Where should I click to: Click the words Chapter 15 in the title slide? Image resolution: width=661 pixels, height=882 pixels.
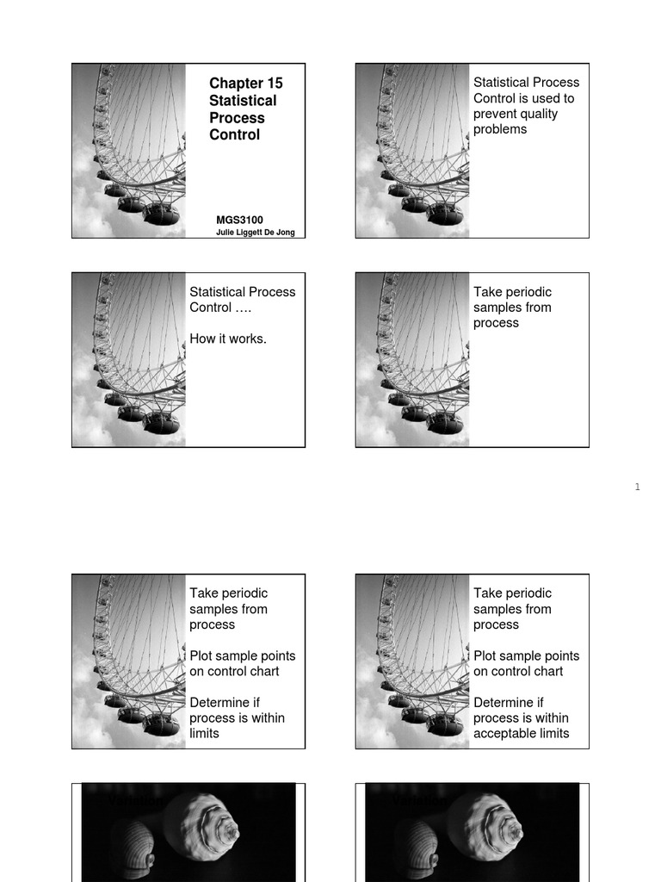(x=245, y=84)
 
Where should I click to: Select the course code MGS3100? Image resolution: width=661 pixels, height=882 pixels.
(x=239, y=220)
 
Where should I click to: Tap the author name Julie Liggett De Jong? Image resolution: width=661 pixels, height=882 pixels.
(x=255, y=233)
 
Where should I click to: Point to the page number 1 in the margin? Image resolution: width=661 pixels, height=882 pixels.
(x=637, y=488)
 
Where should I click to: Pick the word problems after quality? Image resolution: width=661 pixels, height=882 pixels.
(x=500, y=129)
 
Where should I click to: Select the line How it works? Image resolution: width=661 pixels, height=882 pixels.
(x=228, y=339)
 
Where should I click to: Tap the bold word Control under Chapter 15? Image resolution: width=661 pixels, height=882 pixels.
(x=234, y=135)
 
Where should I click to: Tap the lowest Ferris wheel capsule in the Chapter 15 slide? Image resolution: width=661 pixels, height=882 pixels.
(x=161, y=214)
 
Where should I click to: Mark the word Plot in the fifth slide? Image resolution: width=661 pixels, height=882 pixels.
(x=203, y=655)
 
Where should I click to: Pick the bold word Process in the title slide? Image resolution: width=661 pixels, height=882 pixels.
(x=237, y=118)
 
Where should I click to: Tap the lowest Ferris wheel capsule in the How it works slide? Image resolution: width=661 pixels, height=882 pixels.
(x=161, y=423)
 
